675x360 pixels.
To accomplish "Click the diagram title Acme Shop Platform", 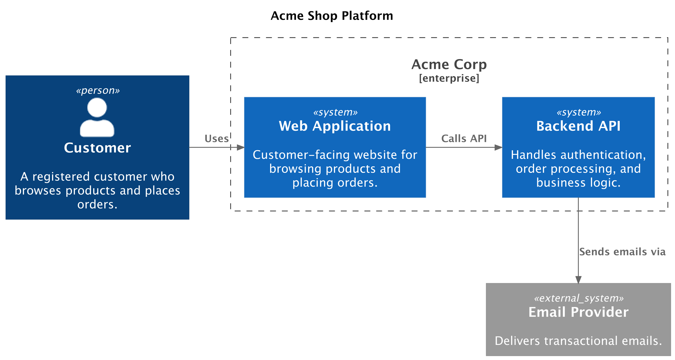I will pos(332,16).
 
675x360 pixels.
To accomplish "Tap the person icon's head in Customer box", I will pos(97,107).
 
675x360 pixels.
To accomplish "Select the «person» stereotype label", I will pos(98,90).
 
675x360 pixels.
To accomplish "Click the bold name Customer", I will pos(97,148).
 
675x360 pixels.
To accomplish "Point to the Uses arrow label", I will pos(216,139).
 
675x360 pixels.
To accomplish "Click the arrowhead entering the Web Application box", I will pos(240,148).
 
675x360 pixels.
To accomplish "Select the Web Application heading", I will pos(335,126).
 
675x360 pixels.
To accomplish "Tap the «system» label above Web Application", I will pos(335,112).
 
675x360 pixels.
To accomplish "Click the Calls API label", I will pos(464,139).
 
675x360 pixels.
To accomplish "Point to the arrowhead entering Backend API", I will pos(498,148).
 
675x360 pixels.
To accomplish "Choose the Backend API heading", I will pos(578,126).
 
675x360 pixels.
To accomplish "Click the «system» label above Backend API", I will pos(578,112).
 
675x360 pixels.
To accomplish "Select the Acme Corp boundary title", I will pos(449,64).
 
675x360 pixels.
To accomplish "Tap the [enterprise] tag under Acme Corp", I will pos(449,78).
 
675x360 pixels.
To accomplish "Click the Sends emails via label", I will pos(622,252).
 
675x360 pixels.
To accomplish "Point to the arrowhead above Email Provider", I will pos(578,280).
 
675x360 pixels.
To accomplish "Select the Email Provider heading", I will pos(578,312).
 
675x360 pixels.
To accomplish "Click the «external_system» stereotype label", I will pos(578,298).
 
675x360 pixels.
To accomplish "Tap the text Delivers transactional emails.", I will pos(578,341).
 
